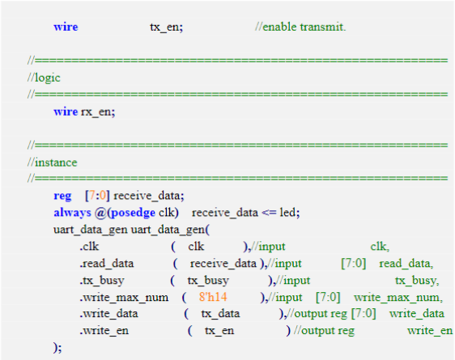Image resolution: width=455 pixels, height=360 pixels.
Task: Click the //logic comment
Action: [x=44, y=78]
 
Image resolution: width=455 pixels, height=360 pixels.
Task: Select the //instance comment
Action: [x=53, y=163]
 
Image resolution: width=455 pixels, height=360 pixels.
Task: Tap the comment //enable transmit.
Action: [x=300, y=27]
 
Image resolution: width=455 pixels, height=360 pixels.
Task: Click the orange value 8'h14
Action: [x=213, y=297]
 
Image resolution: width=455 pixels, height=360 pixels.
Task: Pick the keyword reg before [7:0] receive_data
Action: [x=62, y=197]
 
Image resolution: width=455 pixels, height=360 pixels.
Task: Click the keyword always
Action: [x=72, y=213]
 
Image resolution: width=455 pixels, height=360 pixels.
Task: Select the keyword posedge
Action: [x=134, y=214]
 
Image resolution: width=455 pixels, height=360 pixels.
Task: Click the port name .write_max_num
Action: [x=124, y=298]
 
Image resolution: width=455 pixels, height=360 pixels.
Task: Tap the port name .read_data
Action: [x=107, y=264]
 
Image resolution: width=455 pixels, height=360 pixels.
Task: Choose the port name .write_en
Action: [x=104, y=331]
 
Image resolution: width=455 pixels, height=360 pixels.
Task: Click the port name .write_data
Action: [x=108, y=314]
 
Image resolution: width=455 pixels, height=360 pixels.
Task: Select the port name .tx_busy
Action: [x=102, y=281]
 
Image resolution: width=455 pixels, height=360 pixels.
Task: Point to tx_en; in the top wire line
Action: [x=166, y=27]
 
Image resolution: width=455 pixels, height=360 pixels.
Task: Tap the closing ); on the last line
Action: [x=57, y=348]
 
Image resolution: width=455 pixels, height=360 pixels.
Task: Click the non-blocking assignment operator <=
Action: [x=269, y=213]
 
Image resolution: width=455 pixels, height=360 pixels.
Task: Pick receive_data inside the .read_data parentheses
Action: [x=223, y=264]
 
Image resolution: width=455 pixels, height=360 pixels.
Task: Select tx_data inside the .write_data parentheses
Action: [x=220, y=314]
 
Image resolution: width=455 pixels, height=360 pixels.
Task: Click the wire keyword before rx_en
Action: [x=66, y=112]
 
